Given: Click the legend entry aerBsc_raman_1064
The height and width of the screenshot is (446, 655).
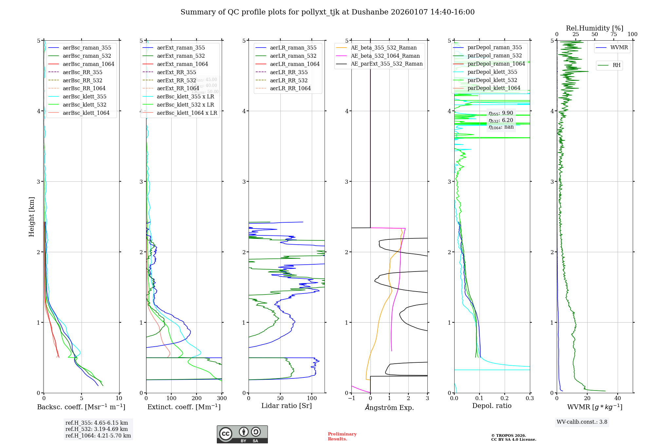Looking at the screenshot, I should coord(88,64).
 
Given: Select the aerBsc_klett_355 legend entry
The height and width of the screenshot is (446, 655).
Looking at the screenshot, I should coord(84,96).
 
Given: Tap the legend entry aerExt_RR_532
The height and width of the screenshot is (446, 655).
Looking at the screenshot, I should coord(176,80).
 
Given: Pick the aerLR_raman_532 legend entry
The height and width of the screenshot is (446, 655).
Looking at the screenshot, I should coord(293,56).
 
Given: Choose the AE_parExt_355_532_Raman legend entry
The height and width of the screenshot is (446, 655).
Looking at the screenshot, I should coord(386,64).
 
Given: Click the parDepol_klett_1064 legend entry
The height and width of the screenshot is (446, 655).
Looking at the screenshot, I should coord(494,88).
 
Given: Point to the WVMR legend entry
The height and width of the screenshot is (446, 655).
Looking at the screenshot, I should coord(619,48).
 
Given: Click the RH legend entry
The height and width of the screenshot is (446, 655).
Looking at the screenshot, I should coord(616,65).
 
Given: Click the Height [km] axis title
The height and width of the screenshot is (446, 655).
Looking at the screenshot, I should coord(31,217).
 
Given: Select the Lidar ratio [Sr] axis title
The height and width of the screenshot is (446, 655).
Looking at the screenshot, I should coord(287,406).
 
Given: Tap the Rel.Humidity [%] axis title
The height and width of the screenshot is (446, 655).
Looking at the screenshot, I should coord(594,28).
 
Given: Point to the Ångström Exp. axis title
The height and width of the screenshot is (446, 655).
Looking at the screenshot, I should coord(389,407).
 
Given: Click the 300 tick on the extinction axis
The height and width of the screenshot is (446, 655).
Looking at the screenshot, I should coord(222,398).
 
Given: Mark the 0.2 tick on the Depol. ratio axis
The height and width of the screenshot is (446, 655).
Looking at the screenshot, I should coord(505,398).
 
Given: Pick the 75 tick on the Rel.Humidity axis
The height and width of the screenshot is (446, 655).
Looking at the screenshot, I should coord(614,34).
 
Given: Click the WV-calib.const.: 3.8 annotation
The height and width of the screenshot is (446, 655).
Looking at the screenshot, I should coord(582,422).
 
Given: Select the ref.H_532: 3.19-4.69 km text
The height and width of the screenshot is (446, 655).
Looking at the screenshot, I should coord(97,429).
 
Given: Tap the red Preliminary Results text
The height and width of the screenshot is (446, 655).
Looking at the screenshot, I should coord(342,436).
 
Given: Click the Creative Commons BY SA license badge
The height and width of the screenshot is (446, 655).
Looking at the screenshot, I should coord(242,435).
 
